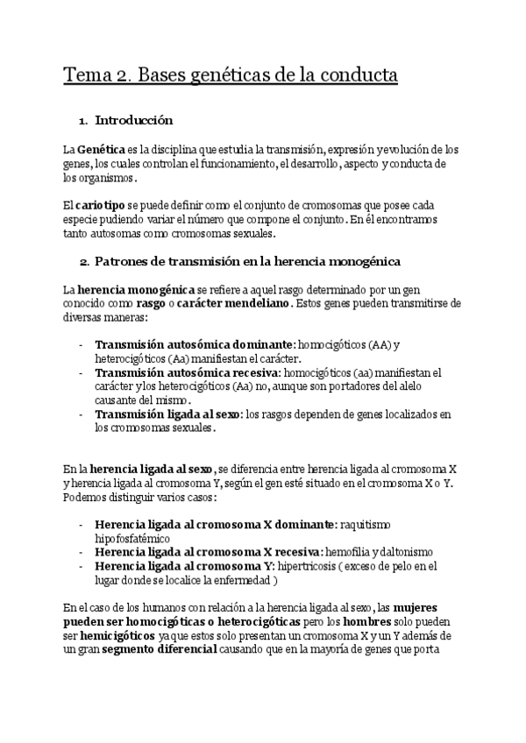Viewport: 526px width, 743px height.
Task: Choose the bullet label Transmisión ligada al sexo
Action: click(168, 414)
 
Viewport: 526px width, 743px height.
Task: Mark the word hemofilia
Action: click(347, 552)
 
